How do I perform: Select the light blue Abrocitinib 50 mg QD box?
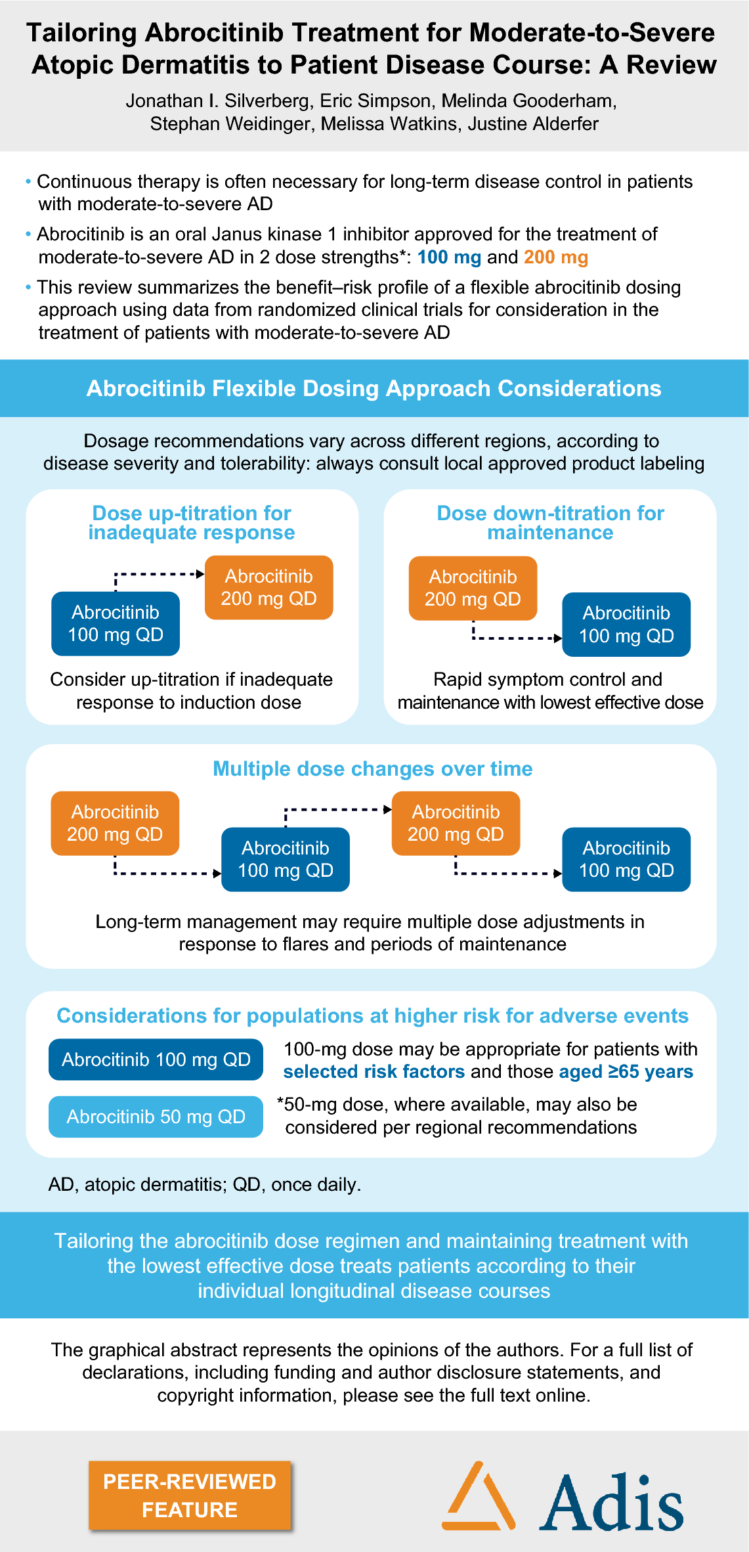pyautogui.click(x=156, y=1117)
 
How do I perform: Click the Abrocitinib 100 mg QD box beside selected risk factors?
pyautogui.click(x=156, y=1059)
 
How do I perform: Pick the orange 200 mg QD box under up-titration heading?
pyautogui.click(x=268, y=588)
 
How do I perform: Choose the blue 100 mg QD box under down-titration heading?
pyautogui.click(x=626, y=625)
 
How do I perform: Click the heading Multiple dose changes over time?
pyautogui.click(x=372, y=768)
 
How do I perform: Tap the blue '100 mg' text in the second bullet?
pyautogui.click(x=449, y=257)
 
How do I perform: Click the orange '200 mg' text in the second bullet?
pyautogui.click(x=555, y=257)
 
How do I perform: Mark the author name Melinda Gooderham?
pyautogui.click(x=528, y=100)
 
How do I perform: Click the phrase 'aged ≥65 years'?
pyautogui.click(x=626, y=1071)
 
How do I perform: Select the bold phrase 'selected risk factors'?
pyautogui.click(x=374, y=1071)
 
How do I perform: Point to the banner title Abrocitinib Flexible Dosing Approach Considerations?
pyautogui.click(x=374, y=388)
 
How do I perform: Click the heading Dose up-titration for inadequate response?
pyautogui.click(x=192, y=523)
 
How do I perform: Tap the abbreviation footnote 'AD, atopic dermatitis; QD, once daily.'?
pyautogui.click(x=205, y=1184)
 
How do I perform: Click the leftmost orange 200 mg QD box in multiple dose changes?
pyautogui.click(x=115, y=823)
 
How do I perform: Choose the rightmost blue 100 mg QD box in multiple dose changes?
pyautogui.click(x=626, y=859)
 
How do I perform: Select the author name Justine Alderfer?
pyautogui.click(x=532, y=123)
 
